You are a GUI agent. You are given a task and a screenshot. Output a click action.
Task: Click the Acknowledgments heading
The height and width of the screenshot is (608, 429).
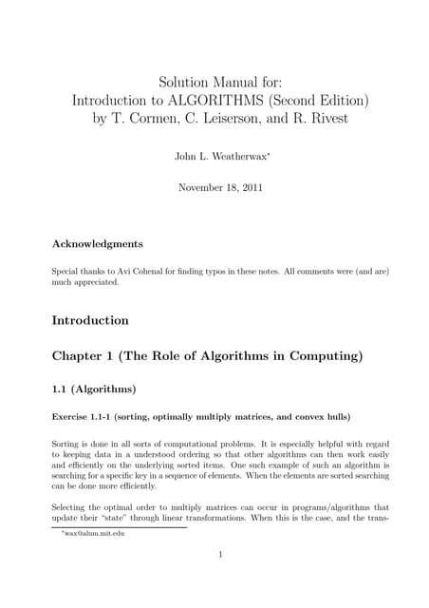click(98, 243)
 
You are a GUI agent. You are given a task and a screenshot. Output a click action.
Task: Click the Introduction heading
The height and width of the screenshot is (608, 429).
click(90, 320)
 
